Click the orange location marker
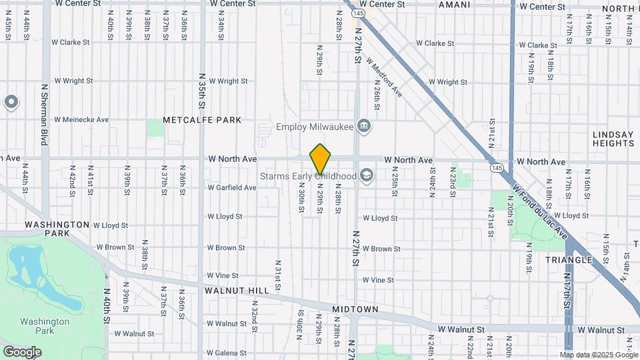point(320,159)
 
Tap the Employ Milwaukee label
point(314,127)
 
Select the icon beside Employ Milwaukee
point(363,125)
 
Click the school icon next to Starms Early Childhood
point(365,175)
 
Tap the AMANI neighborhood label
point(454,5)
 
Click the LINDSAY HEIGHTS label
point(613,139)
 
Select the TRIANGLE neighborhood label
point(568,259)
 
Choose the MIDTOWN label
point(355,309)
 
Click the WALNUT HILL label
point(237,291)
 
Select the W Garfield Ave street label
point(231,188)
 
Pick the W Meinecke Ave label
point(81,120)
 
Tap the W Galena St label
point(227,353)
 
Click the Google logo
point(22,352)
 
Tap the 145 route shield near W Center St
point(359,13)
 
